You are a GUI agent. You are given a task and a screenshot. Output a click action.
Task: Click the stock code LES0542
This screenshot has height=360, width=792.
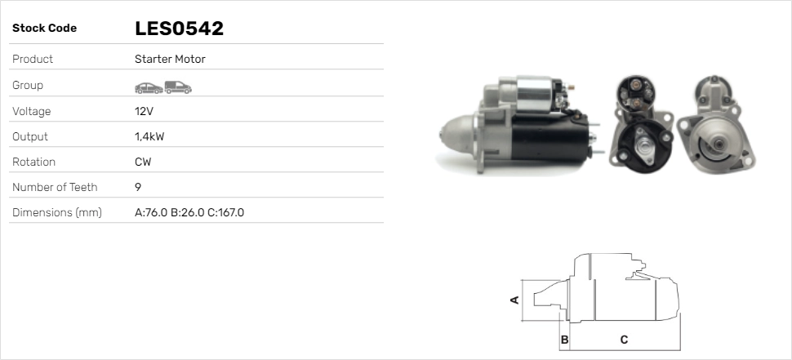click(179, 29)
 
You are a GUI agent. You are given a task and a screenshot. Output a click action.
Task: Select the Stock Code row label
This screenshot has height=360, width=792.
click(44, 29)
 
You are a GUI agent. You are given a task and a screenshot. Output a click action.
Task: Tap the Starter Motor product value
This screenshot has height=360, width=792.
click(170, 60)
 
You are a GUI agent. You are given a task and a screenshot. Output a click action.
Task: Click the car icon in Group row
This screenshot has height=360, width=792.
click(148, 86)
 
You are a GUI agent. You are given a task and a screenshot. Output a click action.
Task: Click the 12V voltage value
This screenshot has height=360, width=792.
click(143, 111)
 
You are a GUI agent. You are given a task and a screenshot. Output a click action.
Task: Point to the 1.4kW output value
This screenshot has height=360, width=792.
click(149, 136)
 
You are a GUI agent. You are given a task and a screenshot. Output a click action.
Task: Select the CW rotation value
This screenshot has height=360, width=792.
click(143, 162)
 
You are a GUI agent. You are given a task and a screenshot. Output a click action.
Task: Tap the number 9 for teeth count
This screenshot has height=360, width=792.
click(137, 187)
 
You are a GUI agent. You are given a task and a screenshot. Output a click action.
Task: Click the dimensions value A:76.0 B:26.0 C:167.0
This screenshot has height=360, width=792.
click(189, 212)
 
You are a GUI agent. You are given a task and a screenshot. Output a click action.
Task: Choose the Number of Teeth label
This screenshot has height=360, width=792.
click(55, 187)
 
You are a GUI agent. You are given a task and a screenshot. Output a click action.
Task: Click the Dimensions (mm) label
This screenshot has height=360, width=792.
click(56, 212)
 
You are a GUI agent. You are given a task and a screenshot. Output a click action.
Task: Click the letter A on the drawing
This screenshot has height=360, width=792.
click(514, 300)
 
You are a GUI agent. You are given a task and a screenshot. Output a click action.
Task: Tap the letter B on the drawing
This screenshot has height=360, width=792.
click(564, 339)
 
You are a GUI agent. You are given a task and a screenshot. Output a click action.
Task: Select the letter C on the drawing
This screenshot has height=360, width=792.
click(624, 339)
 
